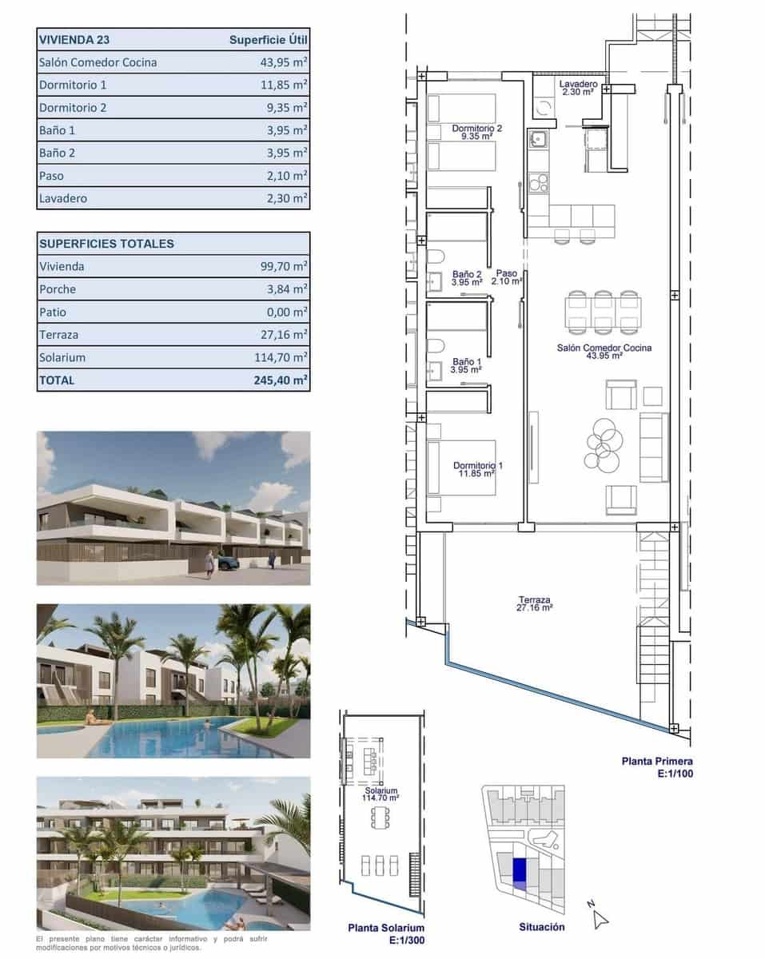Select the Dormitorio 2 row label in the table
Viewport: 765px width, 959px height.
72,107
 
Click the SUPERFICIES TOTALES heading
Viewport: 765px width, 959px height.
106,244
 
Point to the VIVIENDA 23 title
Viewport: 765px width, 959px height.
76,39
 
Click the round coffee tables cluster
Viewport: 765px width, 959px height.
603,444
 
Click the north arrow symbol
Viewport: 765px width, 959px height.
600,918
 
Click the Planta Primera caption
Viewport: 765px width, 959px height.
657,762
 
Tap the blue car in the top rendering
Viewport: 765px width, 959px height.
229,563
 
